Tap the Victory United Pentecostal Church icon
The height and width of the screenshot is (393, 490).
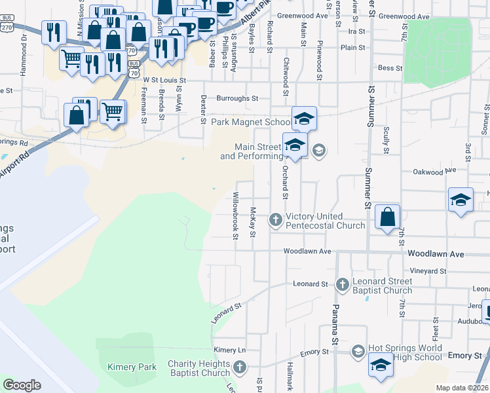(276, 221)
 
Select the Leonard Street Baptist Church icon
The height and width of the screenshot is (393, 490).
(342, 284)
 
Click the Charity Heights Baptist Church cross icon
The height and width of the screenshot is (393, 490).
(240, 367)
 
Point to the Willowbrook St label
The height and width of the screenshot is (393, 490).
(235, 215)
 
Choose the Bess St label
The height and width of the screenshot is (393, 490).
(390, 67)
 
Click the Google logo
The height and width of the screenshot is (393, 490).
(22, 385)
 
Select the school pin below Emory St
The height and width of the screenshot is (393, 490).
(381, 365)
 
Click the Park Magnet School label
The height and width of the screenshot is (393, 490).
(251, 122)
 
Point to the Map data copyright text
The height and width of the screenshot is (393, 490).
(462, 388)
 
